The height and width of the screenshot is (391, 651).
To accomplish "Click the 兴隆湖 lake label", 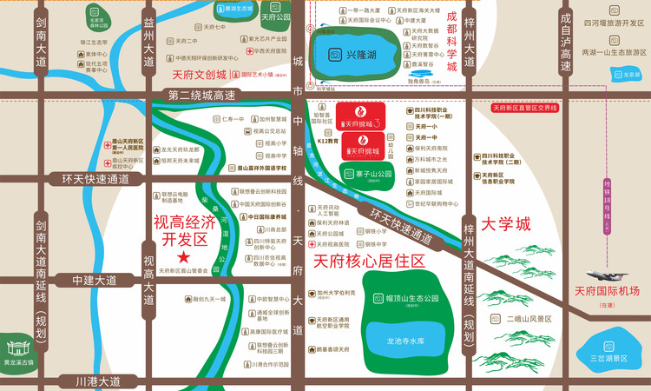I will (x=362, y=55).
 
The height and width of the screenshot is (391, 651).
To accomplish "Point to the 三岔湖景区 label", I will (x=608, y=358).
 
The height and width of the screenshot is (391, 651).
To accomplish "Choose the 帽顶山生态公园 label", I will (x=406, y=299).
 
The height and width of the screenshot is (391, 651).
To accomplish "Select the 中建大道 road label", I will (x=94, y=281).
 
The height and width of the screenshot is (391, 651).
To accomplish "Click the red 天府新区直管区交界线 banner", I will (x=525, y=108).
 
